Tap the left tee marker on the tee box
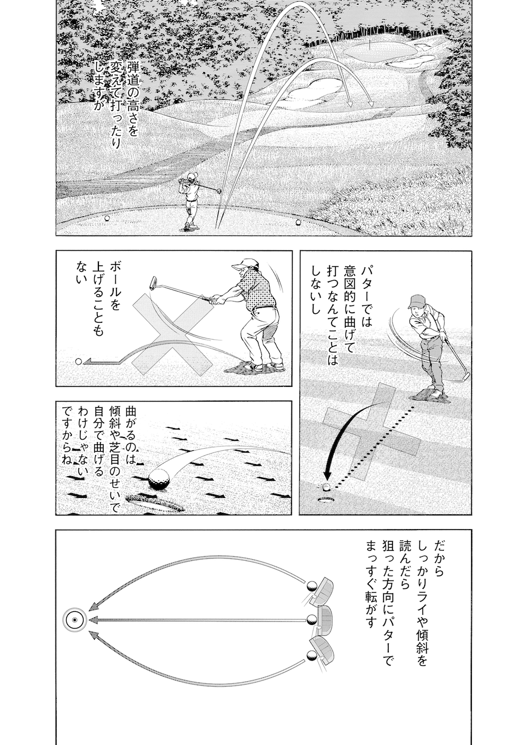107,217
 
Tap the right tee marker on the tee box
298,222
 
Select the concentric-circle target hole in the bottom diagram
74,620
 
